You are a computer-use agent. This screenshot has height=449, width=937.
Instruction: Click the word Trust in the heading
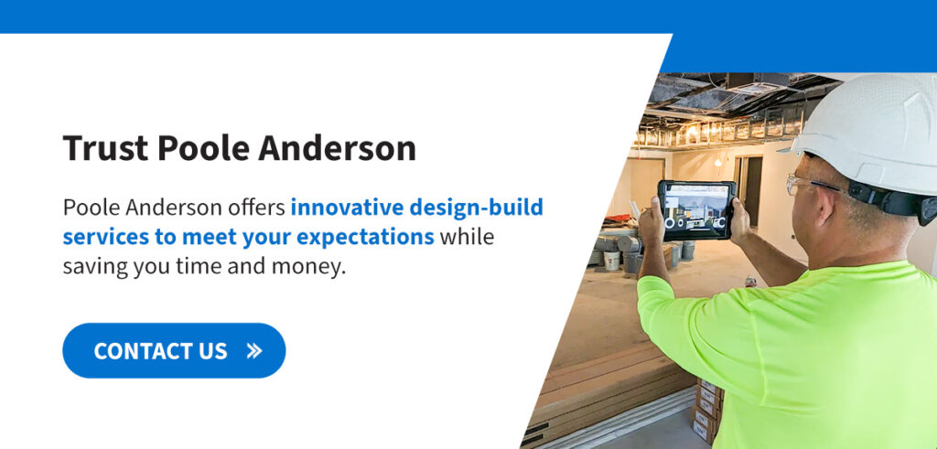[x=105, y=148]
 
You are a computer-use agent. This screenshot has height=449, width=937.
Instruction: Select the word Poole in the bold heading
[x=203, y=148]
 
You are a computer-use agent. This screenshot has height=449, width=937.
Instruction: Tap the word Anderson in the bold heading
[x=337, y=148]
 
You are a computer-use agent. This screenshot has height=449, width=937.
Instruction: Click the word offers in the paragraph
[x=256, y=208]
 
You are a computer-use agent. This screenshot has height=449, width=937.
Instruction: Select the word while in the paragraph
[x=468, y=237]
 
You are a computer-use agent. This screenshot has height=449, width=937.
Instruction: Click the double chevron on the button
[x=254, y=351]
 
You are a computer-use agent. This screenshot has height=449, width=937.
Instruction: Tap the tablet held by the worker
[x=696, y=210]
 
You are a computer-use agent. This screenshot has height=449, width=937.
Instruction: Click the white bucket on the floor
[x=612, y=261]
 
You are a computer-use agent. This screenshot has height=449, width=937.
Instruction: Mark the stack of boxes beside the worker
[x=707, y=409]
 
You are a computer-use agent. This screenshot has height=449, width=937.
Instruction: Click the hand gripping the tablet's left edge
[x=651, y=221]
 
